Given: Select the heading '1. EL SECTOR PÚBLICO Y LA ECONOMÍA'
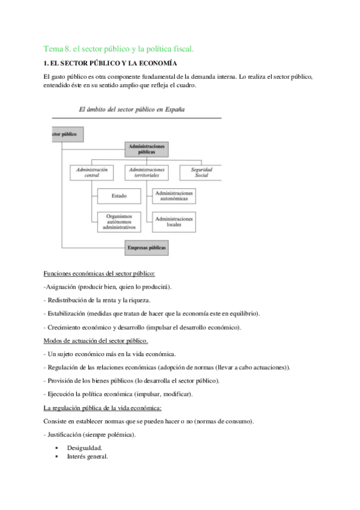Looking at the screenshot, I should pos(111,63).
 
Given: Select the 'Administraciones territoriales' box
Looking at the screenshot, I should pos(147,173).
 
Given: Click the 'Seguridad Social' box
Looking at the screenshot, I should pos(201,173).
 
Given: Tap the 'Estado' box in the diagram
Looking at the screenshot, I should pos(120,196).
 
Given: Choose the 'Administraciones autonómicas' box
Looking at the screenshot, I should pos(174,196).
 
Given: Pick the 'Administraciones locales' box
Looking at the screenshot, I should pos(174,222).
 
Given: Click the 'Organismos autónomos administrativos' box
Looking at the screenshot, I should pos(120,222).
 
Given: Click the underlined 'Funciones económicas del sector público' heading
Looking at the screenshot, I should pos(100,274).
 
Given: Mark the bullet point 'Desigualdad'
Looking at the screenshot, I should pos(84,448).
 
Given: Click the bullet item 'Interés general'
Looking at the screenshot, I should pos(87,456).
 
